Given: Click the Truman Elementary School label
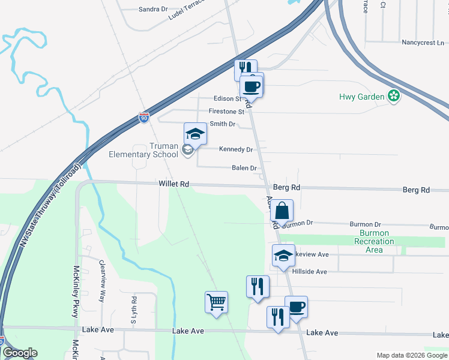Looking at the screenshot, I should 143,150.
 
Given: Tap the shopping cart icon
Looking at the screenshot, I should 216,302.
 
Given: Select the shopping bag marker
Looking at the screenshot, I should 282,211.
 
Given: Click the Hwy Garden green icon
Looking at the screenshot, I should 394,95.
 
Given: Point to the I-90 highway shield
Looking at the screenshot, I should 143,118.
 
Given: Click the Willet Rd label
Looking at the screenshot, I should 174,184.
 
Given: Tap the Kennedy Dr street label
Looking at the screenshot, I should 236,149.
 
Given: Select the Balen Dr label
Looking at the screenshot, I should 244,169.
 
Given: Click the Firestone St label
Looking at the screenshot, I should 226,112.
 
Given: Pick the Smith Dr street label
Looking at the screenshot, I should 223,124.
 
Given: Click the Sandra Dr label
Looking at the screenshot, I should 153,10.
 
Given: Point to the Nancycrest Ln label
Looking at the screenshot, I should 423,43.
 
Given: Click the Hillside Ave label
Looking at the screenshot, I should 309,272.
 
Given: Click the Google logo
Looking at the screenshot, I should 20,353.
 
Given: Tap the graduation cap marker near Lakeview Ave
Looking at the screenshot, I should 283,256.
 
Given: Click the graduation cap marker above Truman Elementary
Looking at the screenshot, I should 195,133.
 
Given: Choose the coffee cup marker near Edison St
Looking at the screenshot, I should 252,86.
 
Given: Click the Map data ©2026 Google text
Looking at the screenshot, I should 410,355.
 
